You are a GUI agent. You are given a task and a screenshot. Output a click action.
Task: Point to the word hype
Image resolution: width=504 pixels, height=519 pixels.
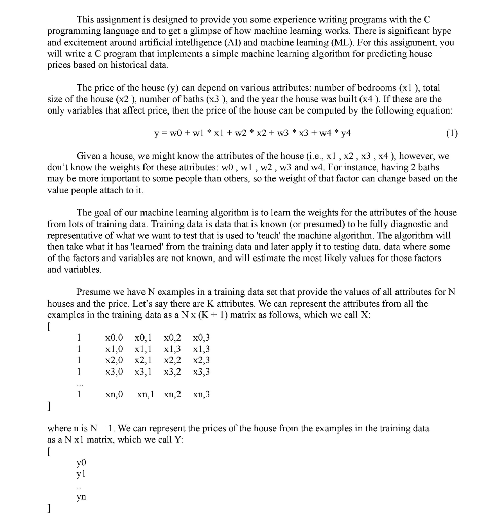[440, 31]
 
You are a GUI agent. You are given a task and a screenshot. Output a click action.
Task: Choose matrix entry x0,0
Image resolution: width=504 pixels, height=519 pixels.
[114, 338]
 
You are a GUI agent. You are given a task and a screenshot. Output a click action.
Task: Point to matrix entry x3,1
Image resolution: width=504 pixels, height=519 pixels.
[144, 372]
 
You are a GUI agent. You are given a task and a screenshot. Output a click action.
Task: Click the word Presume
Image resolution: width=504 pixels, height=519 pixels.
[93, 292]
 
